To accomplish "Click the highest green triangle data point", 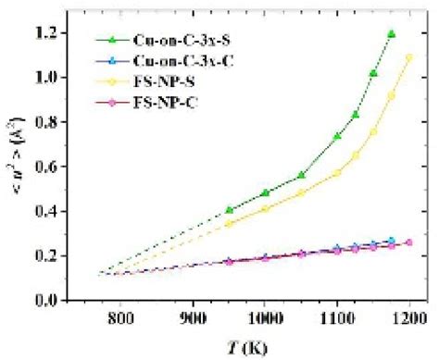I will pyautogui.click(x=391, y=34).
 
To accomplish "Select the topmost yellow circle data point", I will pyautogui.click(x=408, y=57).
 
